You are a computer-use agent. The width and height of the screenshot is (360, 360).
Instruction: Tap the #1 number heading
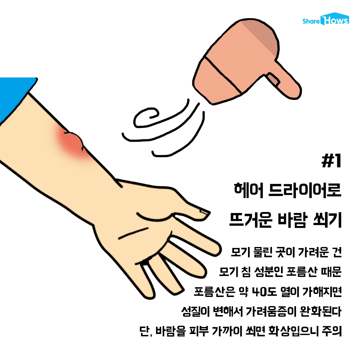331,161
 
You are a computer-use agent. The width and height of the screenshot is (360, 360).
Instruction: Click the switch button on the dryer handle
273,80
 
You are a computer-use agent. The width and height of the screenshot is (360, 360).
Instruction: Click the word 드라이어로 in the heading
305,190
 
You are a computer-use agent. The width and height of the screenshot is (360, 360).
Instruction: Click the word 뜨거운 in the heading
251,220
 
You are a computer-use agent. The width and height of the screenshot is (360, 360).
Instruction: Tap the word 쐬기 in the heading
328,220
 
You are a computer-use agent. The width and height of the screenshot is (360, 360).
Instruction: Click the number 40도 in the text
264,292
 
